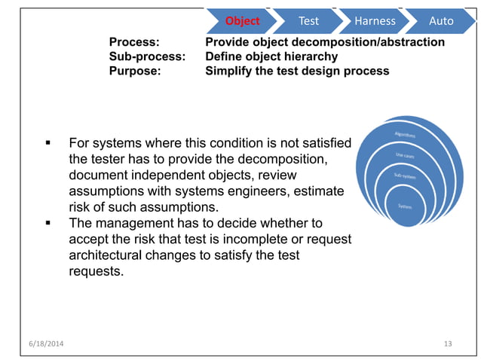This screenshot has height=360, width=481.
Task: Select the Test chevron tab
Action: pyautogui.click(x=308, y=20)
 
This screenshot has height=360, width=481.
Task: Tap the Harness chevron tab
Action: pyautogui.click(x=375, y=20)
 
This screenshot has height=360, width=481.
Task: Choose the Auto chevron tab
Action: pyautogui.click(x=441, y=20)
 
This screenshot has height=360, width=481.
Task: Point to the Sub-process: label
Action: pyautogui.click(x=147, y=56)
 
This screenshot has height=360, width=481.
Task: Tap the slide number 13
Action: pyautogui.click(x=448, y=344)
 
